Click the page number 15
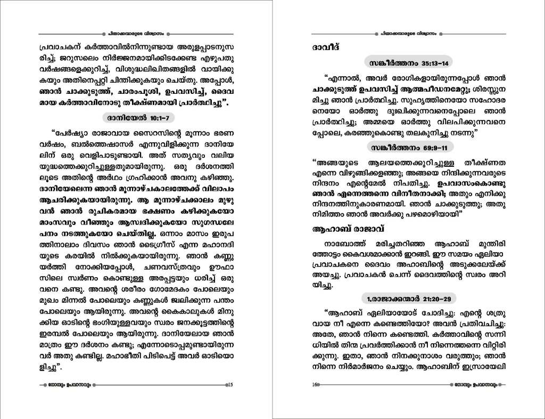(229, 385)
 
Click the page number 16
(315, 385)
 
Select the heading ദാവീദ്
(327, 48)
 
